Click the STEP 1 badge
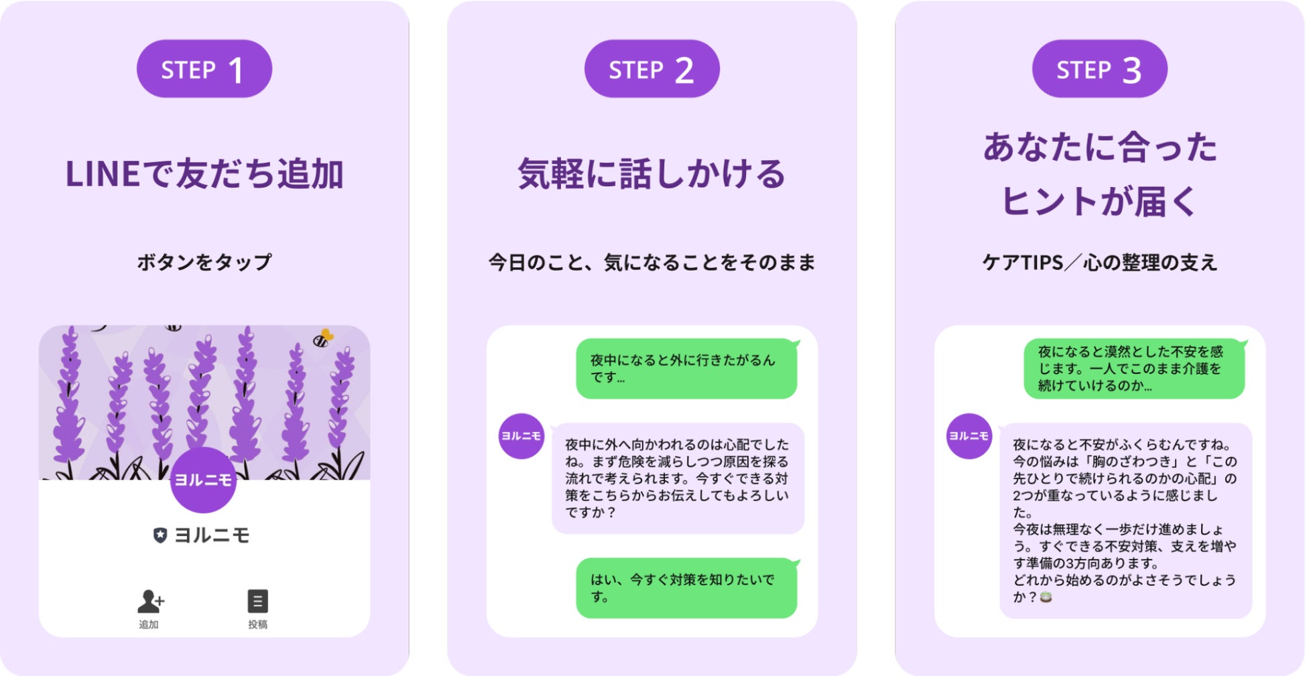204,69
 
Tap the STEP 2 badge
651,69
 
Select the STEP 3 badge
1099,69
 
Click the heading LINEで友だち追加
204,174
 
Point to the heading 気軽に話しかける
651,174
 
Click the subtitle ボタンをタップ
204,262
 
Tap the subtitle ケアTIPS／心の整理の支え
1099,262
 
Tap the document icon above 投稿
257,601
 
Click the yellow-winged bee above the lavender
323,338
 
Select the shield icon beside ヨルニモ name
160,535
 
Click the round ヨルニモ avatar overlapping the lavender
203,480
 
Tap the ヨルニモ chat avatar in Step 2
521,436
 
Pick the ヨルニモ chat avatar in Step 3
969,436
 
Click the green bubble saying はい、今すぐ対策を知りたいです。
686,588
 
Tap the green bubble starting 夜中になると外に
686,368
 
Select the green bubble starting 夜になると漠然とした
1133,368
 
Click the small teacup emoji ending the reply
1046,597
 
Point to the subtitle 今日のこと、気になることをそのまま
651,262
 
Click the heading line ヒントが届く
1099,201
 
